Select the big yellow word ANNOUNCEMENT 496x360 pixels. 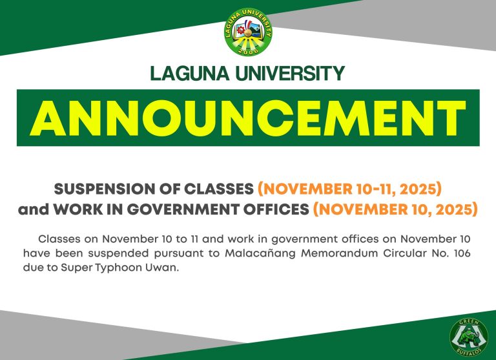[247, 118]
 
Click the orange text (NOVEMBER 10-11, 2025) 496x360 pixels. [349, 189]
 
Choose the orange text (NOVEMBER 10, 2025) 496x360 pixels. [395, 210]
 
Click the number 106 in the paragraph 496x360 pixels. [459, 253]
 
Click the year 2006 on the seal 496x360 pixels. [248, 50]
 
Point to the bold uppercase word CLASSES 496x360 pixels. [215, 189]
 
